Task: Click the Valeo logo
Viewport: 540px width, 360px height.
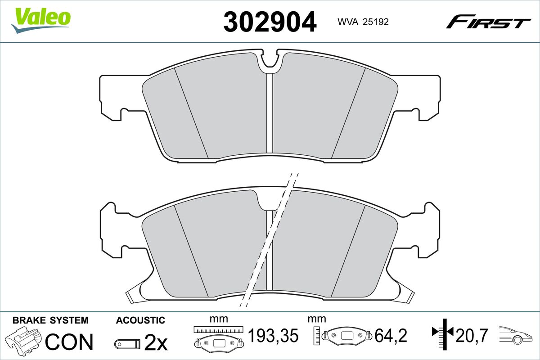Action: [x=41, y=20]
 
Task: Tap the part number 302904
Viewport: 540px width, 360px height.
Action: [x=270, y=22]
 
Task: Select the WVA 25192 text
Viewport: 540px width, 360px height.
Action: [x=363, y=22]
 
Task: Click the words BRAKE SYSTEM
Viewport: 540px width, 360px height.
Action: [x=50, y=320]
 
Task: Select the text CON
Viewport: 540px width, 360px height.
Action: [x=69, y=342]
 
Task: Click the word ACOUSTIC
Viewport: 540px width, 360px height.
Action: [x=140, y=320]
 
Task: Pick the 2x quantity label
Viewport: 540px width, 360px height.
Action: [x=156, y=342]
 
